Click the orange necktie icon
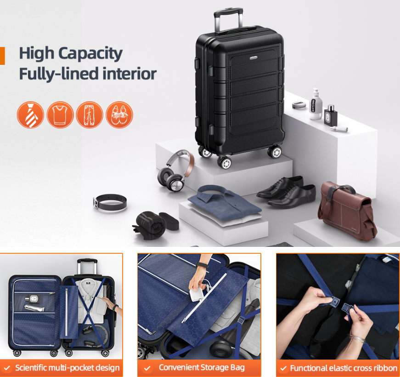[x=30, y=115]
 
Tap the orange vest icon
[x=60, y=115]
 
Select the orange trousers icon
[x=90, y=115]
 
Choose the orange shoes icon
[x=119, y=115]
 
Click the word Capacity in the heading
[x=90, y=54]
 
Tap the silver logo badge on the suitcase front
[x=254, y=58]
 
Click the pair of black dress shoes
[x=286, y=191]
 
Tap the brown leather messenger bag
[x=347, y=211]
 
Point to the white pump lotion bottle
[x=315, y=104]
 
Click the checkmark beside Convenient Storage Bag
[x=147, y=368]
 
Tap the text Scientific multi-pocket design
[x=68, y=368]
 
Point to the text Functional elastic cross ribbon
[x=344, y=368]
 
